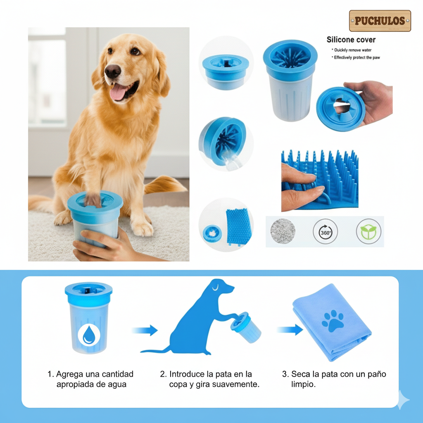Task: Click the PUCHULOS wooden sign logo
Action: [x=380, y=21]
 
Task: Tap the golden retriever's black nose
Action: [x=112, y=71]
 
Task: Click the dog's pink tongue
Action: [x=118, y=92]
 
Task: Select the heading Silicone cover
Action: [x=351, y=40]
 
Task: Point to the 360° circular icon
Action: [x=326, y=231]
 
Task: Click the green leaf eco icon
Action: [x=368, y=231]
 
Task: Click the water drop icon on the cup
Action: [x=89, y=335]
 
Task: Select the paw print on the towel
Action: [x=333, y=321]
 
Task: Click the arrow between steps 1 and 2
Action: [x=145, y=330]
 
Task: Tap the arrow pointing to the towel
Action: [x=290, y=330]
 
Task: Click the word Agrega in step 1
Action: [x=69, y=374]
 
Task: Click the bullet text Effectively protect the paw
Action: [x=356, y=57]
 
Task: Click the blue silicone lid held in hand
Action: [x=341, y=109]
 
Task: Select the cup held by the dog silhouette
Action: [x=245, y=327]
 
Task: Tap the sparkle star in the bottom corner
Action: [x=402, y=399]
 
